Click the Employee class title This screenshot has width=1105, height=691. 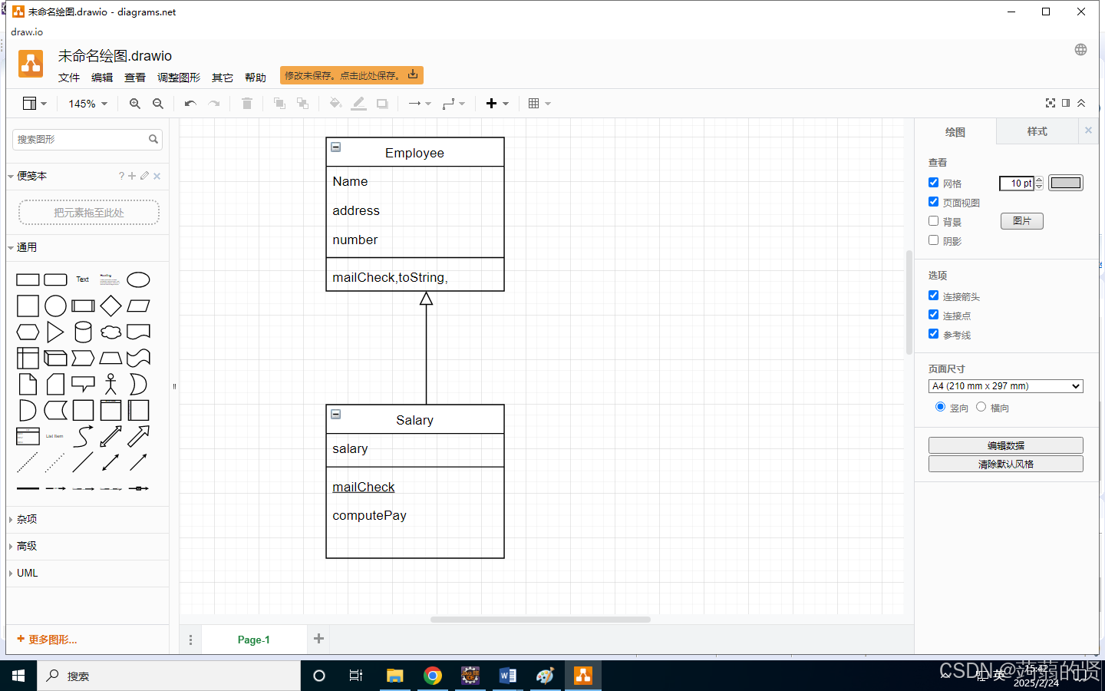(x=414, y=153)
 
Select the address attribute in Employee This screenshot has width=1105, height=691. (x=356, y=210)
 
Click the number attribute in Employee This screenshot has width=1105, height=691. (x=355, y=240)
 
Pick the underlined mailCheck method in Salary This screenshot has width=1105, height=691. (x=364, y=487)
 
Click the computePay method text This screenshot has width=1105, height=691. (x=369, y=515)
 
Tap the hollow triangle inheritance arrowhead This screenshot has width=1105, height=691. (x=427, y=299)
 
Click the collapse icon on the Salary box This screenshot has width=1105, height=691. (x=336, y=415)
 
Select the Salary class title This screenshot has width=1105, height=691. (x=414, y=420)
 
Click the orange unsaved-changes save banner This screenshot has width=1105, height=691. (x=351, y=75)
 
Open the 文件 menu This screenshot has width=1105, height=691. (x=69, y=78)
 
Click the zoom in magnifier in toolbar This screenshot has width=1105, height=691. (x=135, y=104)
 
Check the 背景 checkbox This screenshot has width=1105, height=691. (x=934, y=221)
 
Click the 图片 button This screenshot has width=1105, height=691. (x=1021, y=221)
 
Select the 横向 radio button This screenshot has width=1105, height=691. (x=981, y=407)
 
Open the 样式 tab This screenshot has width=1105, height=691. (x=1037, y=132)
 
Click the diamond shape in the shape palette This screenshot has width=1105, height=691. (x=110, y=306)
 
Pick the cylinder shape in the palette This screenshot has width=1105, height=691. (x=83, y=332)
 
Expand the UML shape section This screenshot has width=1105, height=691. (x=28, y=573)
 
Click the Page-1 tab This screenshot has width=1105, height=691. (x=253, y=640)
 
